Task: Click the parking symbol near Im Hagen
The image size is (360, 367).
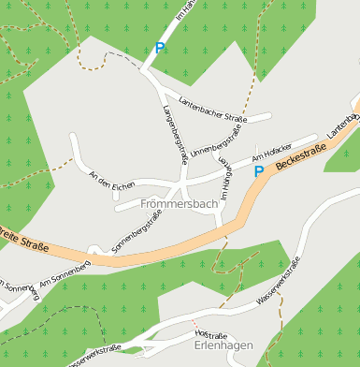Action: pos(160,48)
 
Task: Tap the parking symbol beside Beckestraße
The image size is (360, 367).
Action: pos(259,171)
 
